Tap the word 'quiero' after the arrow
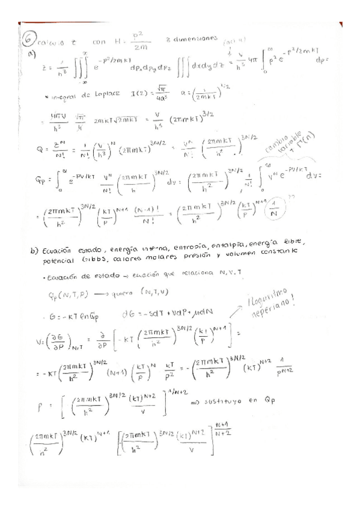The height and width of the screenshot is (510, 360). [128, 293]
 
